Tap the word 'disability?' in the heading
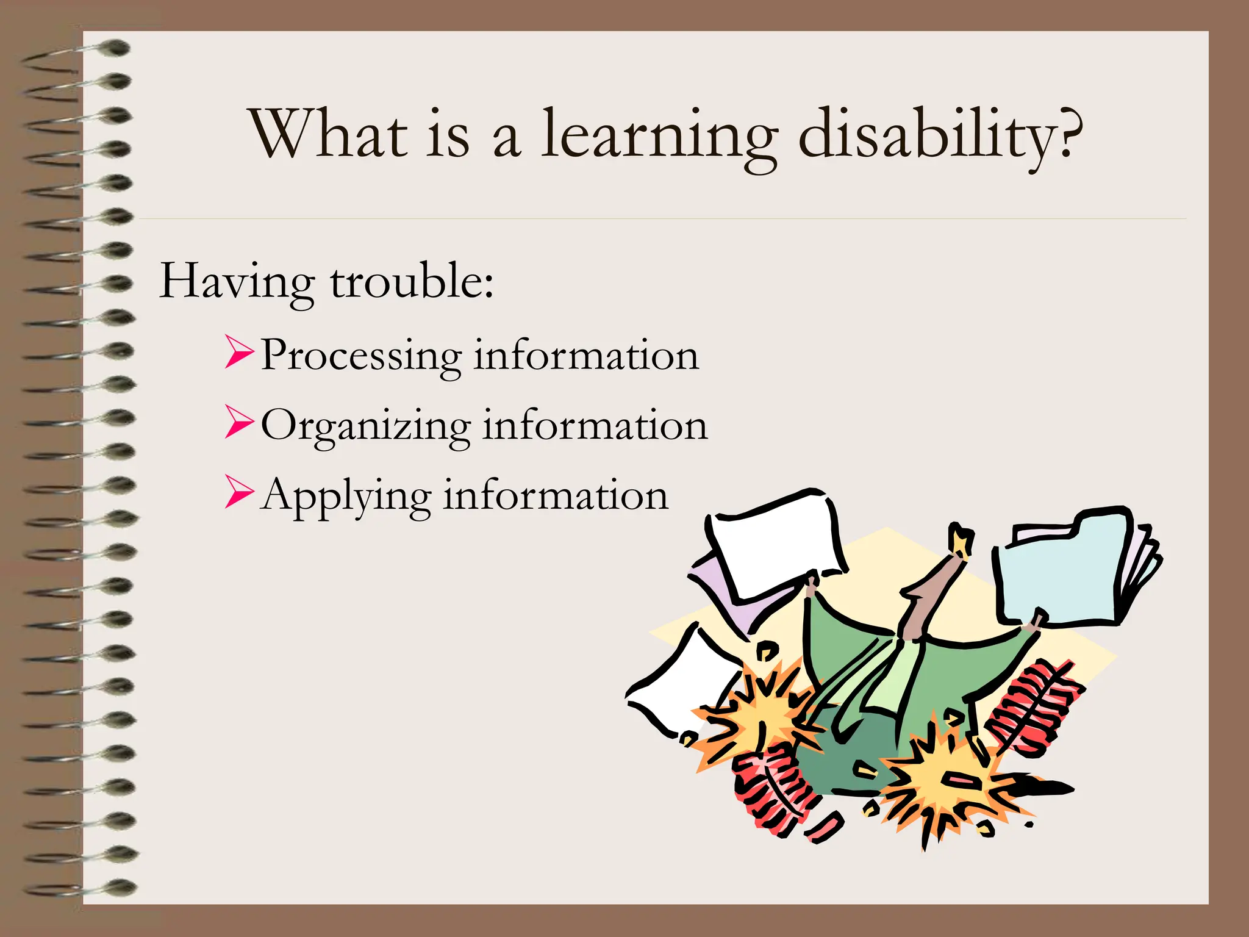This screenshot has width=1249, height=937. click(940, 135)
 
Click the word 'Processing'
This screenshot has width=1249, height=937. click(361, 356)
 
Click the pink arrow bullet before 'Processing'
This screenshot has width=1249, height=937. click(238, 352)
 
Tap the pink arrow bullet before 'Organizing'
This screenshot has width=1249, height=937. click(238, 422)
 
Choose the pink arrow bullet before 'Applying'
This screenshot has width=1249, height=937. click(238, 492)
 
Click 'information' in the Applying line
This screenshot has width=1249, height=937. click(556, 495)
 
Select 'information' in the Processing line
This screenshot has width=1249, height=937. click(586, 356)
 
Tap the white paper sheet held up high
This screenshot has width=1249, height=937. click(775, 543)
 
